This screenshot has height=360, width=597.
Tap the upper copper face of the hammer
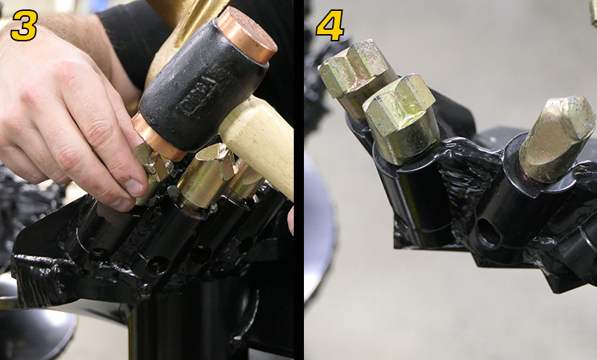tap(247, 34)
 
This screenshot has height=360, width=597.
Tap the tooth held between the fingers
tap(155, 171)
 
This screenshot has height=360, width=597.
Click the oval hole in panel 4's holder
tap(489, 234)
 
